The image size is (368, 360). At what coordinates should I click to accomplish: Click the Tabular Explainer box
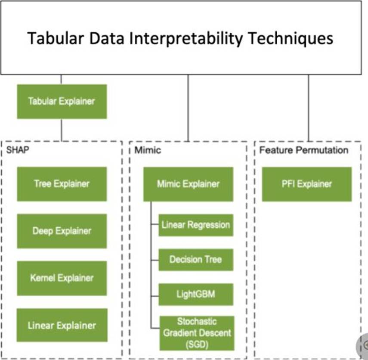(62, 102)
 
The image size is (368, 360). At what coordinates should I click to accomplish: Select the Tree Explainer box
(62, 184)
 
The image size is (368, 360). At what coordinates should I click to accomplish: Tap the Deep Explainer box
(62, 231)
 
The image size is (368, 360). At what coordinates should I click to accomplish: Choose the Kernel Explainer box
(62, 278)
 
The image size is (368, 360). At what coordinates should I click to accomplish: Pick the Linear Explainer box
(62, 325)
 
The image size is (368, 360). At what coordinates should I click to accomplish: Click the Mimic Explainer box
(188, 184)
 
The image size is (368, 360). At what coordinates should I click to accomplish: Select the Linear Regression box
(196, 225)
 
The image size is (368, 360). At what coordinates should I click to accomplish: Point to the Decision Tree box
(196, 260)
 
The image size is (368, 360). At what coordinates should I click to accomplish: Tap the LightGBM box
(196, 295)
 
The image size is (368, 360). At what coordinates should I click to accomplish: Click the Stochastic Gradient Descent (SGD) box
(197, 333)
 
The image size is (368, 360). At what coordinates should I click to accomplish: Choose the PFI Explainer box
(306, 184)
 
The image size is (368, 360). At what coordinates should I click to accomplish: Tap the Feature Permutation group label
(303, 150)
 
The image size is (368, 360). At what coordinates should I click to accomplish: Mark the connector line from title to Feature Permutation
(308, 108)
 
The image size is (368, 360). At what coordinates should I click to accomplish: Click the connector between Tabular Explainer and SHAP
(61, 130)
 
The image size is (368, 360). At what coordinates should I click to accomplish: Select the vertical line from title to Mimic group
(188, 108)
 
